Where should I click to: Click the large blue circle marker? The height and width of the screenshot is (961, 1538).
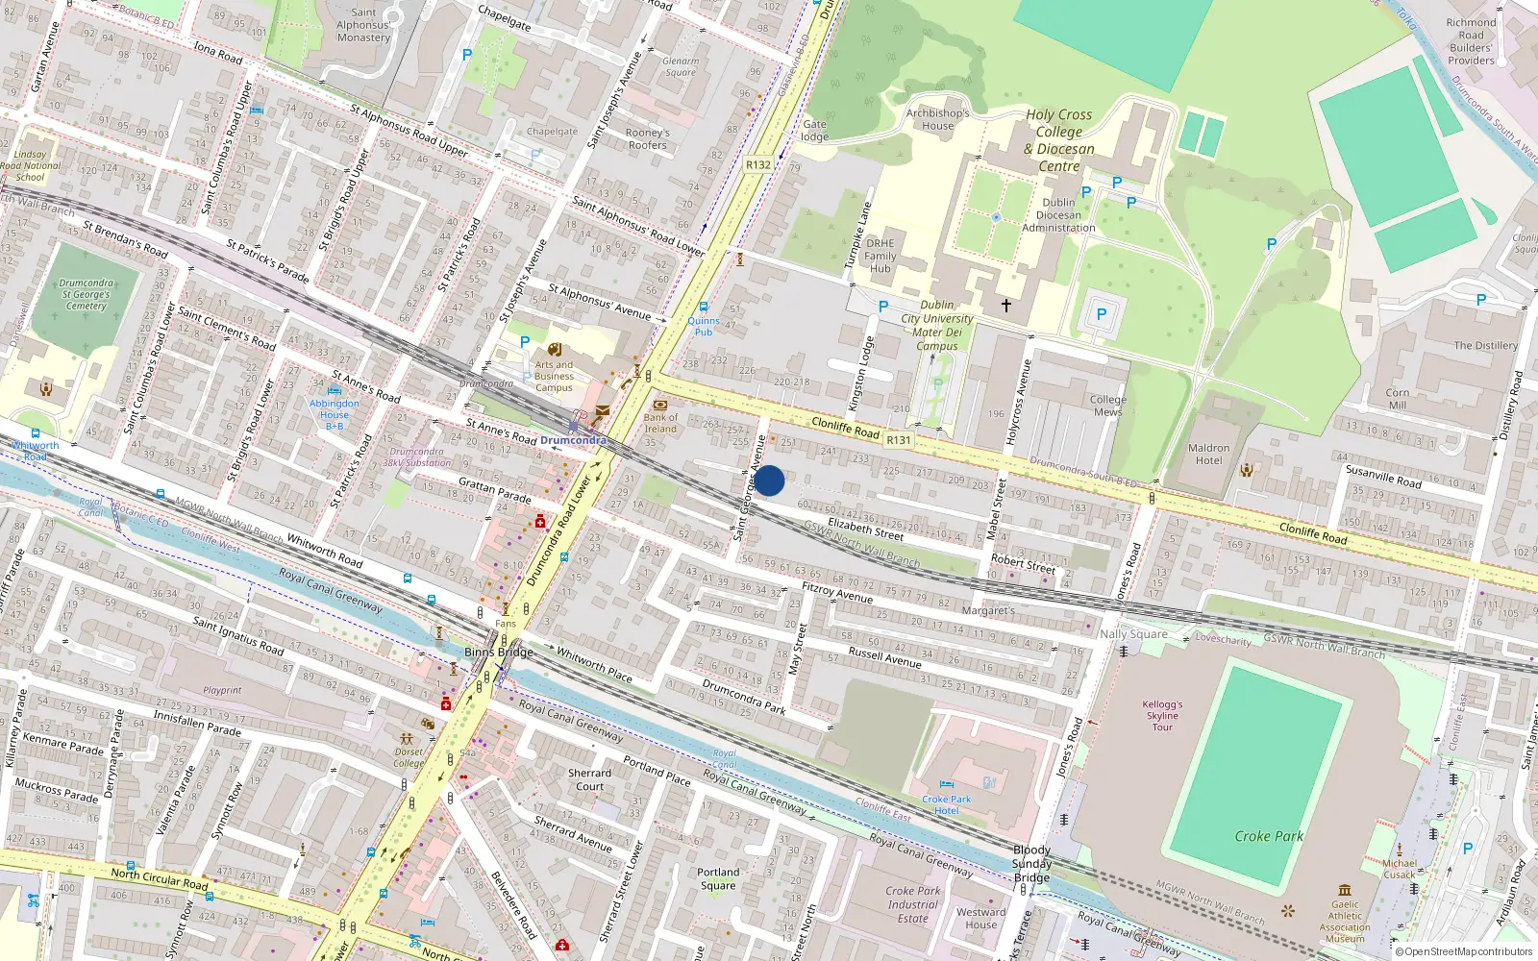point(769,480)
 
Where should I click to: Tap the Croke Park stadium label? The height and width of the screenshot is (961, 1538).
point(1269,836)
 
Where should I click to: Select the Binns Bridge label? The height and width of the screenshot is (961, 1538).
point(498,652)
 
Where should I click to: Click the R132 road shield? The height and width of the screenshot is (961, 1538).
point(758,164)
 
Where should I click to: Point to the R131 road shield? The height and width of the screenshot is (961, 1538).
point(899,439)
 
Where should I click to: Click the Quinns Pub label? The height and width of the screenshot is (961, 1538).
point(704,326)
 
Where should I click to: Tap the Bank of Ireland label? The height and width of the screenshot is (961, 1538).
point(660,423)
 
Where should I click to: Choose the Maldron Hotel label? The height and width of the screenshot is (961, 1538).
point(1208,454)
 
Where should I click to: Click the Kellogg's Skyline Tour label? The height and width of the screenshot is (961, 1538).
point(1162,716)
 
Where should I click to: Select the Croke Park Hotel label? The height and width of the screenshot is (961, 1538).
point(947,804)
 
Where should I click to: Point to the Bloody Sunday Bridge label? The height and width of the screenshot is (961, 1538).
point(1031,863)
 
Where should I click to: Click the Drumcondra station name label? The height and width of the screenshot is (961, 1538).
point(573,440)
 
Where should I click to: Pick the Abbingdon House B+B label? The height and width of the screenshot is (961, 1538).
point(335,414)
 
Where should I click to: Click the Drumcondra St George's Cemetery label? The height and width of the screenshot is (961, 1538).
point(87,295)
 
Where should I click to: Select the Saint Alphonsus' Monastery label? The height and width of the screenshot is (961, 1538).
point(363,25)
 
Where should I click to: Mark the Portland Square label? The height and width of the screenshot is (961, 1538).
point(718,878)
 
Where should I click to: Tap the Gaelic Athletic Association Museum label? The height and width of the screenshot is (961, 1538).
point(1345,921)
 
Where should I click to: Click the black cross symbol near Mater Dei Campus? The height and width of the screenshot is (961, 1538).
point(1006,306)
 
